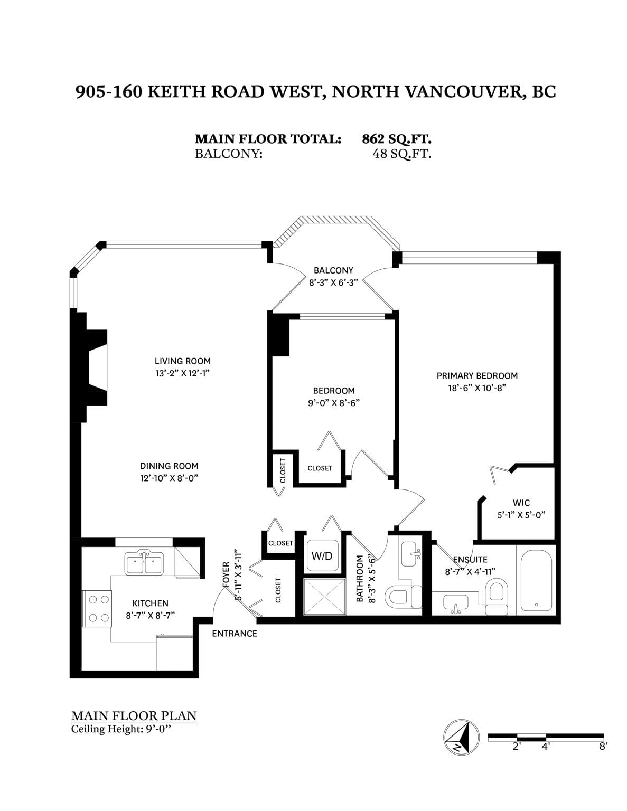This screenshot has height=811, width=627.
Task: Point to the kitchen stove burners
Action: [99, 609]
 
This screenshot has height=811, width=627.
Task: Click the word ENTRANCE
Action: [235, 634]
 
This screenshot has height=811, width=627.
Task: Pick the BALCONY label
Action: [333, 270]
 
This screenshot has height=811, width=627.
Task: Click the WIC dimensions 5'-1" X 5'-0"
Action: [521, 515]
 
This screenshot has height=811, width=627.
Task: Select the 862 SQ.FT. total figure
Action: [397, 139]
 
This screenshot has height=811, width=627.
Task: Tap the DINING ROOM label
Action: [169, 466]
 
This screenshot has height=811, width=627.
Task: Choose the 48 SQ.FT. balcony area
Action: [401, 154]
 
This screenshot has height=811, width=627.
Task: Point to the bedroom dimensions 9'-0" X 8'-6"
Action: [334, 403]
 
